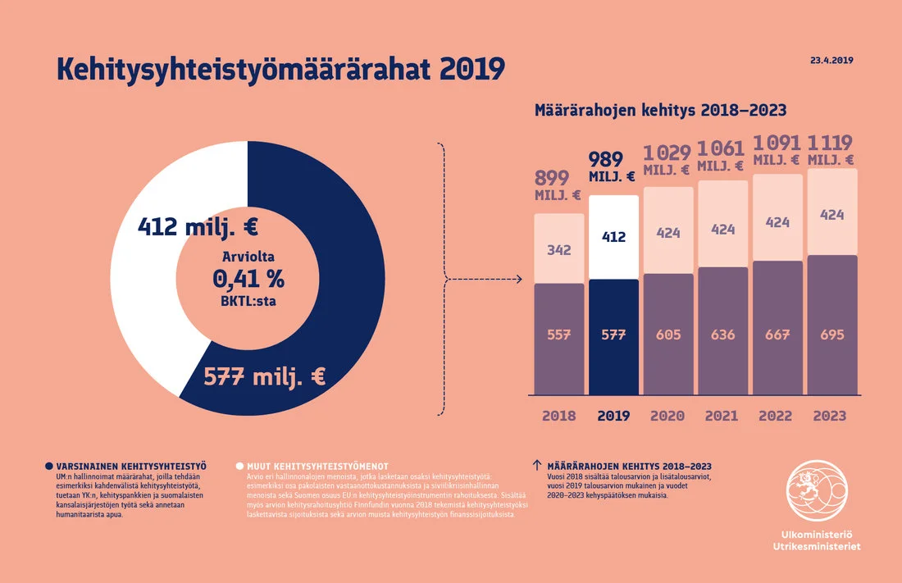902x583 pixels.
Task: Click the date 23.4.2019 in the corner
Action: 832,61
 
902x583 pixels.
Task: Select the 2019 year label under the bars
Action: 613,416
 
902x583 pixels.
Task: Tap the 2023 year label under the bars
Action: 830,416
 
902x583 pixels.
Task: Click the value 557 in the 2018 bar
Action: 559,335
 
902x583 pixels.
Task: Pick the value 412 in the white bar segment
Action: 613,237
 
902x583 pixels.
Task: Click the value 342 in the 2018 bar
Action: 559,249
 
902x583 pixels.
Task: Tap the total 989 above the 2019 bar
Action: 606,159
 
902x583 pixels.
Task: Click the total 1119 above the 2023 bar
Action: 831,142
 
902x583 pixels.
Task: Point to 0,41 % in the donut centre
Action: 248,279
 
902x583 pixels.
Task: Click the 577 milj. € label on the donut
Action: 264,377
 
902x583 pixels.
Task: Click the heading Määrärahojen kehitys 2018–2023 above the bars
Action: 660,110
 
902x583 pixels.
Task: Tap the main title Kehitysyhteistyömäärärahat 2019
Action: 280,69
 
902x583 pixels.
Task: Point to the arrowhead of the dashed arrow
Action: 519,280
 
